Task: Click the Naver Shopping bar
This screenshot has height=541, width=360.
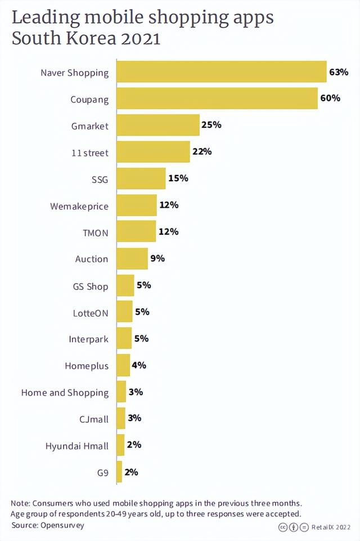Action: (x=222, y=72)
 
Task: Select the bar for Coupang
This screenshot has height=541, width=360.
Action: (x=217, y=99)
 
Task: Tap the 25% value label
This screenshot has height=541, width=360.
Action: (x=211, y=124)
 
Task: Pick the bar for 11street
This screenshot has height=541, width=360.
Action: (x=153, y=152)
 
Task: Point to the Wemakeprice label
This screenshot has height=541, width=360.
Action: (x=79, y=206)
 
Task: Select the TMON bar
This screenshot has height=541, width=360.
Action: (x=136, y=231)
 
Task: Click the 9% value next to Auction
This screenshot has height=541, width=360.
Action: (x=157, y=258)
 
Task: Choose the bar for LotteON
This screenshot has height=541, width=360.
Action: (x=124, y=312)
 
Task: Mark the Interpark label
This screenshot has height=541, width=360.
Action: (x=88, y=339)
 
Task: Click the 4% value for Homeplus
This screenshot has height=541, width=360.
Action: (x=138, y=365)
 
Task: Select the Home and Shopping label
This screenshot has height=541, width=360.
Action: (x=65, y=392)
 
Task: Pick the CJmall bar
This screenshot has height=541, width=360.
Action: (x=121, y=418)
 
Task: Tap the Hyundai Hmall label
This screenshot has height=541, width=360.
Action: (x=77, y=446)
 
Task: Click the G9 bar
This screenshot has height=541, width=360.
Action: (x=119, y=472)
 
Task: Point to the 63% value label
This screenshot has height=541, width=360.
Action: (x=339, y=72)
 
